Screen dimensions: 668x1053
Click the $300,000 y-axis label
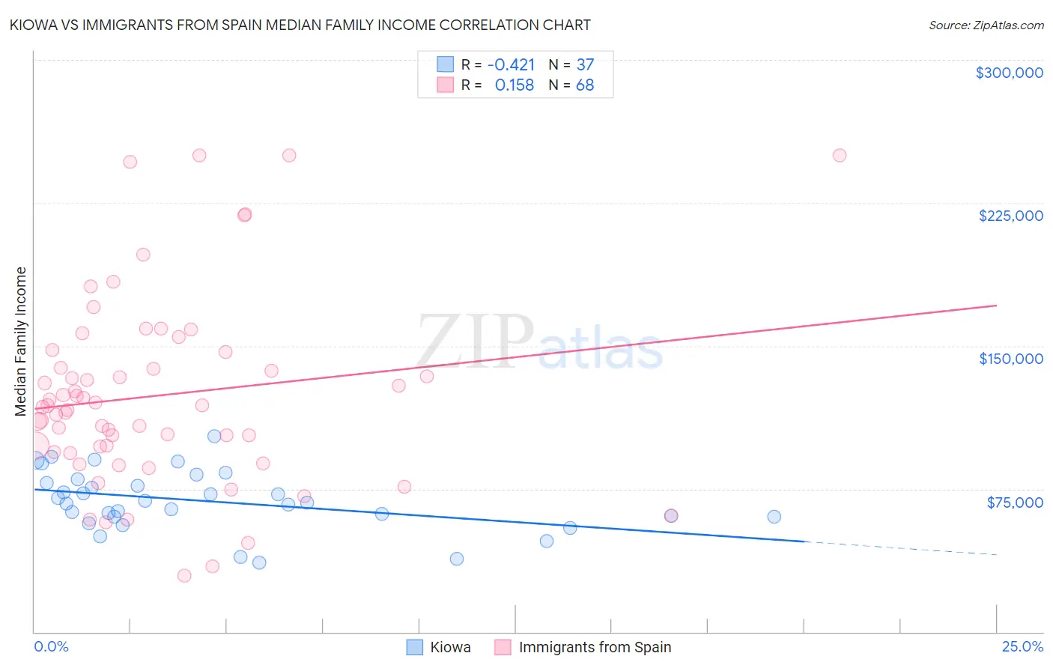(x=1009, y=73)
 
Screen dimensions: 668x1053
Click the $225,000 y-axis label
(x=1010, y=216)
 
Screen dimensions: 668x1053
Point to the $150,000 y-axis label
(x=1010, y=359)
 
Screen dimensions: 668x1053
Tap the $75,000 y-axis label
(x=1014, y=502)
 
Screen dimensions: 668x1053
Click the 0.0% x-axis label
(x=51, y=646)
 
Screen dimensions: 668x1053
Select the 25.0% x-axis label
(x=1022, y=646)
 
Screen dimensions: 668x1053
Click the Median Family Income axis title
(x=21, y=341)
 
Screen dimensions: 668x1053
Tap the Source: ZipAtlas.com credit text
(x=986, y=25)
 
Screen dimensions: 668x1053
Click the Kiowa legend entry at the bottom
(x=449, y=647)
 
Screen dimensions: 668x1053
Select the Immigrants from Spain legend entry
(x=594, y=647)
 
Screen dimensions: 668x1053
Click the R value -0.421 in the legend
(x=511, y=65)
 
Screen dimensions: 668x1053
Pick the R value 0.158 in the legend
(x=514, y=85)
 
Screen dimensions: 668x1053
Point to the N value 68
(x=585, y=85)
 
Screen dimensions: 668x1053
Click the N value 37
(x=585, y=65)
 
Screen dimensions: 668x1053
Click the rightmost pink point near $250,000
(x=840, y=156)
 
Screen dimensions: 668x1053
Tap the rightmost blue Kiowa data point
(x=774, y=517)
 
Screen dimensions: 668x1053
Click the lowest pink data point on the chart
(x=184, y=576)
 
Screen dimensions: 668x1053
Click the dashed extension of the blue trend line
(x=899, y=547)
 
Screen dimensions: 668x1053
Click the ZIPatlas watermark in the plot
(x=539, y=343)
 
